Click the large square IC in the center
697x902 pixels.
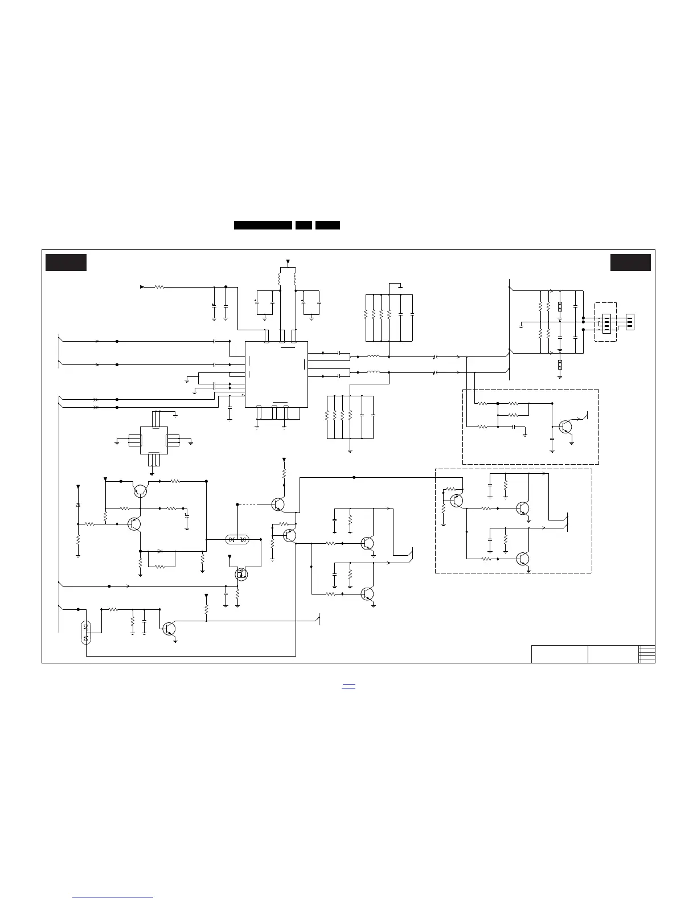click(x=276, y=374)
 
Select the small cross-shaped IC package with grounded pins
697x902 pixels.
click(x=154, y=440)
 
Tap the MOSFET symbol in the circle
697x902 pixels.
click(x=242, y=574)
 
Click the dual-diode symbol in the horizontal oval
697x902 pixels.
click(x=236, y=539)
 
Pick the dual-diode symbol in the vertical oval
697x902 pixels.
click(x=86, y=632)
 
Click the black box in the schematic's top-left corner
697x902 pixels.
click(x=66, y=263)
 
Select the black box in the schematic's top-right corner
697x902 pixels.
click(x=630, y=263)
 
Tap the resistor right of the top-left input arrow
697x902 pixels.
click(x=159, y=287)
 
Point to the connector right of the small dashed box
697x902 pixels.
click(x=630, y=322)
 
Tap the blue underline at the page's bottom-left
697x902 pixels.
click(x=114, y=897)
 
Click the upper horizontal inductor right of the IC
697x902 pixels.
click(x=374, y=357)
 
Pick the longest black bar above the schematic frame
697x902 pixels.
click(x=263, y=225)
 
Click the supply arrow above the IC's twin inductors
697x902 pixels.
click(x=288, y=263)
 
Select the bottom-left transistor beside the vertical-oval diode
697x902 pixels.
click(x=169, y=629)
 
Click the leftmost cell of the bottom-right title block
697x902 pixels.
click(x=559, y=654)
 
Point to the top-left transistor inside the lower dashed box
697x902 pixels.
click(x=456, y=501)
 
